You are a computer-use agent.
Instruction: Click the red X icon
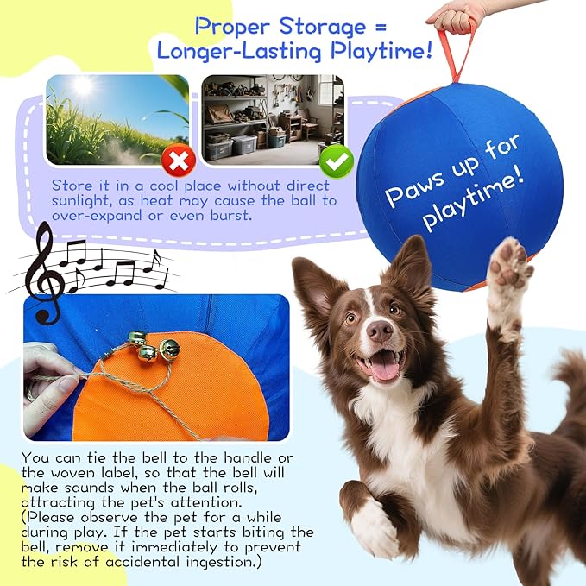[x=180, y=160]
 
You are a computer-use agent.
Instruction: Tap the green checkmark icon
[x=336, y=161]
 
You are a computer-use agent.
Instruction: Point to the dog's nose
[x=379, y=330]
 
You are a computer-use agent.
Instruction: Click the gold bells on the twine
[x=153, y=348]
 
